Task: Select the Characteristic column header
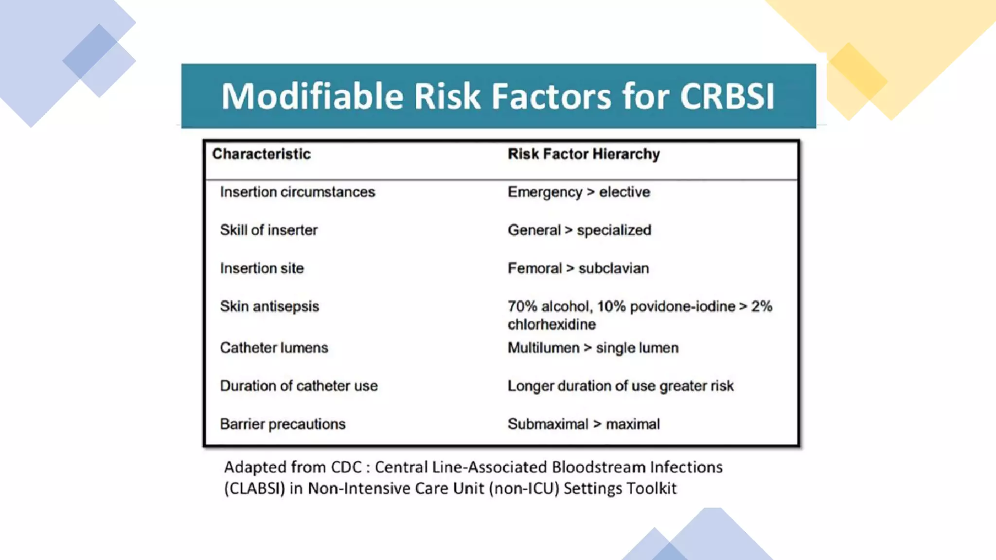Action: [261, 154]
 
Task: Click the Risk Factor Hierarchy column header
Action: [584, 154]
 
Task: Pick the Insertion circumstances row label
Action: [297, 192]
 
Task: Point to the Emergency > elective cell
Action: [579, 192]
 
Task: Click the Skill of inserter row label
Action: [268, 230]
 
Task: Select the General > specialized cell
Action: [579, 230]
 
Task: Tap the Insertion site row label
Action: [262, 268]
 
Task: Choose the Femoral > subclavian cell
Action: [578, 268]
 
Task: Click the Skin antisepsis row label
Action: [269, 306]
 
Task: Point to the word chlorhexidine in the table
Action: [551, 324]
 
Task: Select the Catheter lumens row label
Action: [274, 348]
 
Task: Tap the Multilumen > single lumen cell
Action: [593, 348]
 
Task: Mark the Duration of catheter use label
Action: [299, 386]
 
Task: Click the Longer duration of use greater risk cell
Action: [621, 386]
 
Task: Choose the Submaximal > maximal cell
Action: [584, 424]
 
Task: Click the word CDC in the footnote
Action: [346, 467]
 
